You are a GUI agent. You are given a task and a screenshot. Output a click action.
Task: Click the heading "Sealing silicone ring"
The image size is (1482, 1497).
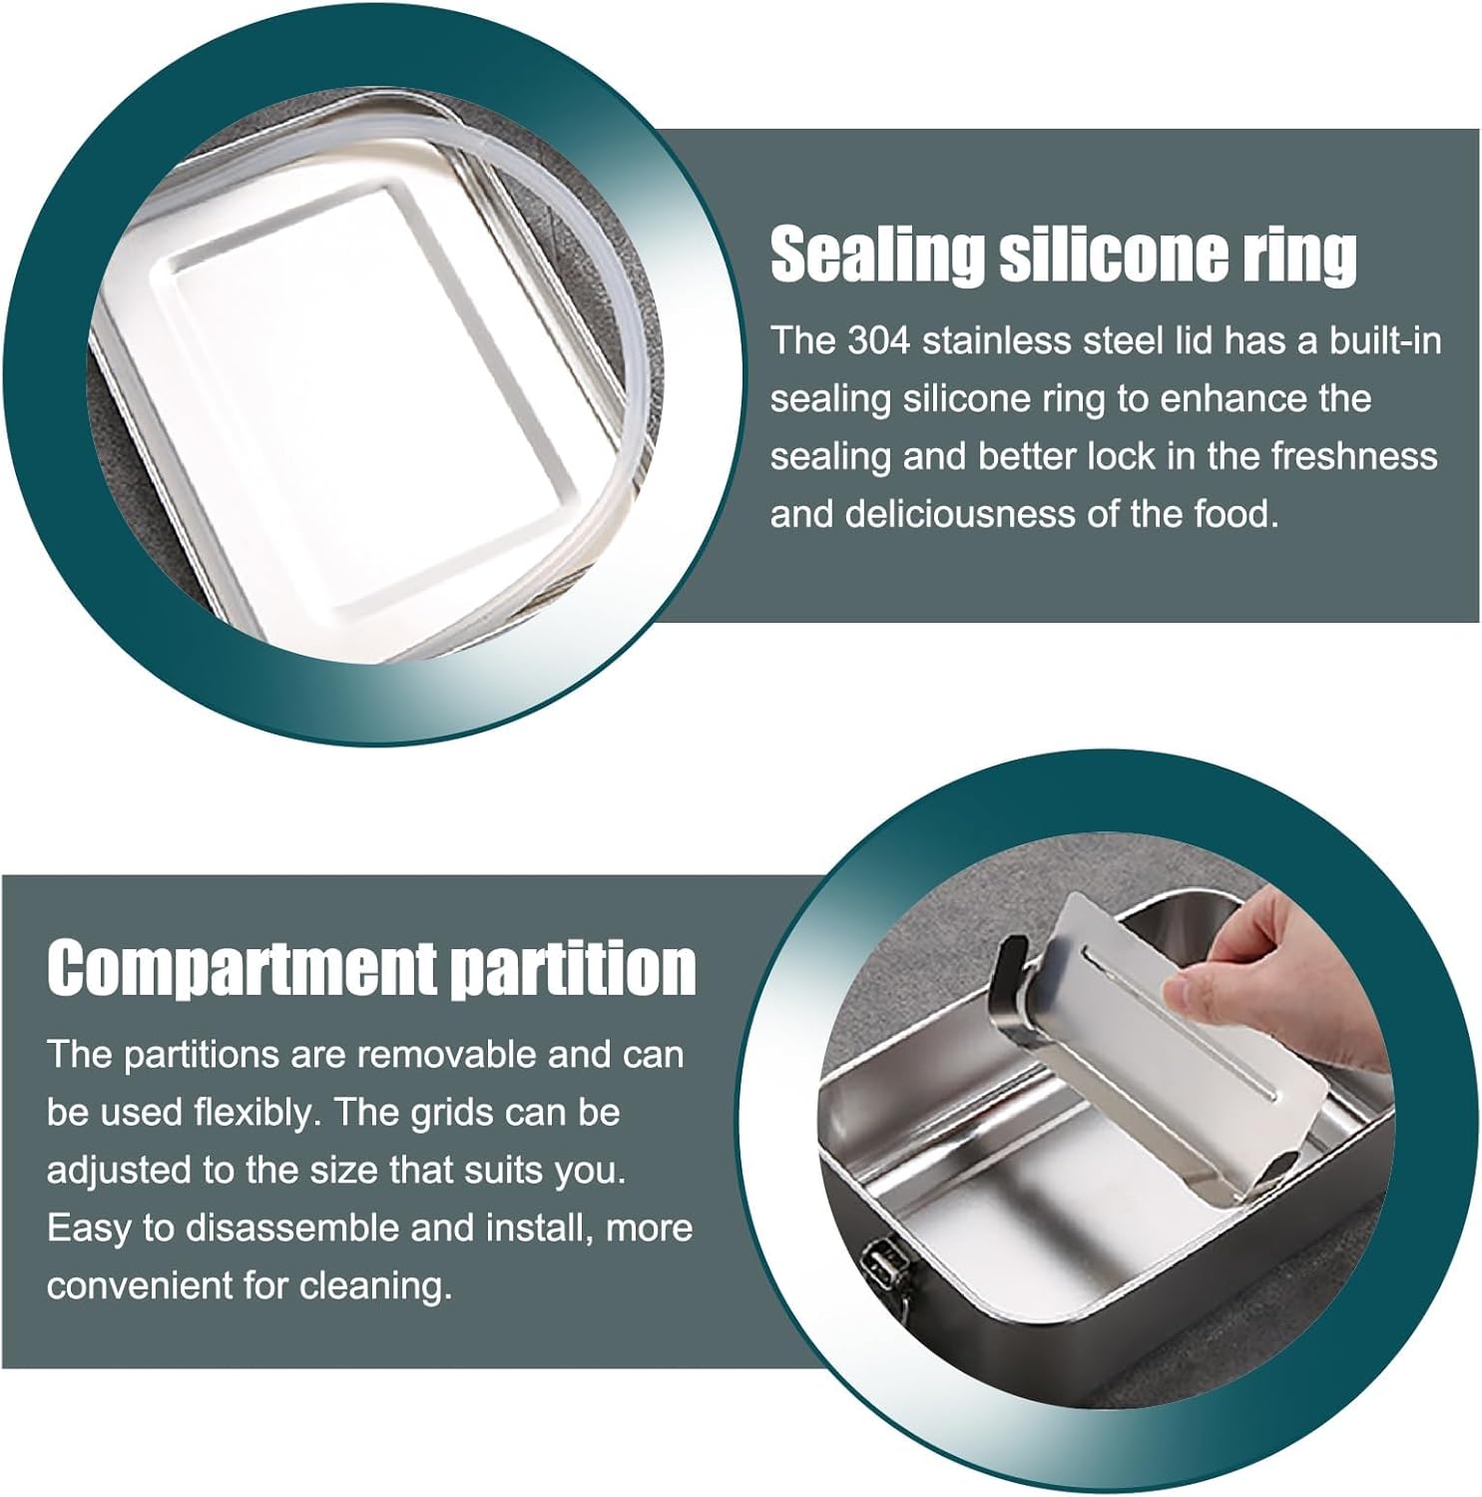coord(1064,254)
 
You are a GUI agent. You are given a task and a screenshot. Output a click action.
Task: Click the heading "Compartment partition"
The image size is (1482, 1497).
coord(371,967)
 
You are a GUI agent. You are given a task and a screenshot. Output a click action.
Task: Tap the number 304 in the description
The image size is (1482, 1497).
coord(879,341)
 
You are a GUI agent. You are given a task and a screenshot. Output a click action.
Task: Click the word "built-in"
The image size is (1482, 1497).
coord(1385,341)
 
